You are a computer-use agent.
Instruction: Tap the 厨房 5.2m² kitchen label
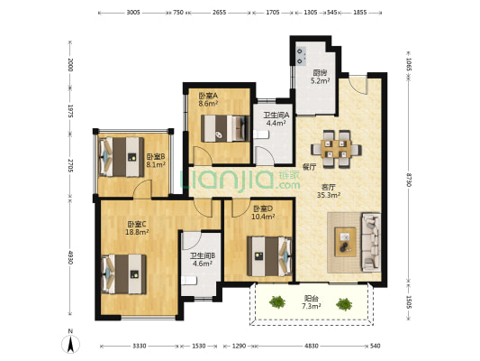click(x=321, y=77)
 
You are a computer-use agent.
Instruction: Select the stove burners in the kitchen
click(x=300, y=56)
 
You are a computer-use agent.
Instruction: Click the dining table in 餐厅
click(x=336, y=149)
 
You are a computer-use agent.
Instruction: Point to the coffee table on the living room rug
click(x=345, y=242)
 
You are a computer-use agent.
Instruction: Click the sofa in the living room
click(x=371, y=242)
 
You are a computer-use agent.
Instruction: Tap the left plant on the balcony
click(x=277, y=301)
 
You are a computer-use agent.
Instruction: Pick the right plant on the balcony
click(x=344, y=304)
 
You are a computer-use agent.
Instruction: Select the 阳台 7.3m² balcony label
click(x=312, y=302)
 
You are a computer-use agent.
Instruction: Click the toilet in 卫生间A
click(x=260, y=134)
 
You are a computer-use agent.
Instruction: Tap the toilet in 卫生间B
click(x=188, y=281)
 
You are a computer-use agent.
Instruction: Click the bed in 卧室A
click(x=225, y=128)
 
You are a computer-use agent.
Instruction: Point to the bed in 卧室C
click(x=123, y=273)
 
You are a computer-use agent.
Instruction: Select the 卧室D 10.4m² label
click(x=263, y=213)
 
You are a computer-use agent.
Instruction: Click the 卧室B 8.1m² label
click(x=156, y=161)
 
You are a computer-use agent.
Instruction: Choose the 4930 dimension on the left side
click(x=70, y=257)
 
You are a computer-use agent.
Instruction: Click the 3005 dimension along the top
click(x=133, y=13)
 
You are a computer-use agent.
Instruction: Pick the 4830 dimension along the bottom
click(x=312, y=347)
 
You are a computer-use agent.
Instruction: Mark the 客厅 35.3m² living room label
click(x=329, y=190)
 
